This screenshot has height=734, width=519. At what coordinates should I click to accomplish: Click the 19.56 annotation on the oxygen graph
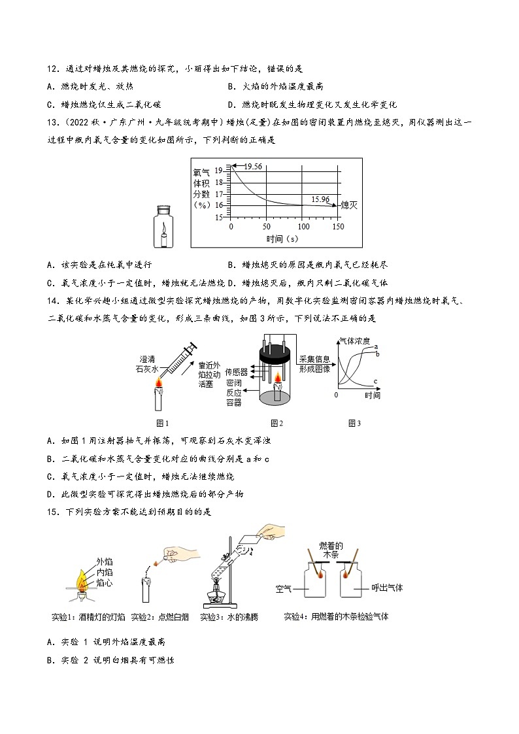click(x=253, y=167)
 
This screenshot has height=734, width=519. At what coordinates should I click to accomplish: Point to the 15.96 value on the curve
click(x=321, y=199)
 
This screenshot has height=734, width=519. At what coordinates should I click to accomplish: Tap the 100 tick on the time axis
click(x=303, y=226)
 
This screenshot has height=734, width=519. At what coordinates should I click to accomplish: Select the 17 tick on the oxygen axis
click(x=219, y=193)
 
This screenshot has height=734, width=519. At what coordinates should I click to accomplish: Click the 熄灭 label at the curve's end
click(x=350, y=205)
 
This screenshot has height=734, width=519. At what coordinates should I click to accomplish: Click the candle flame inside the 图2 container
click(x=277, y=378)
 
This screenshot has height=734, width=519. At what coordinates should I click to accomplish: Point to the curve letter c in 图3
click(x=375, y=381)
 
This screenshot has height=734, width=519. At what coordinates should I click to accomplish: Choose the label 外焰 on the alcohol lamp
click(x=105, y=561)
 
